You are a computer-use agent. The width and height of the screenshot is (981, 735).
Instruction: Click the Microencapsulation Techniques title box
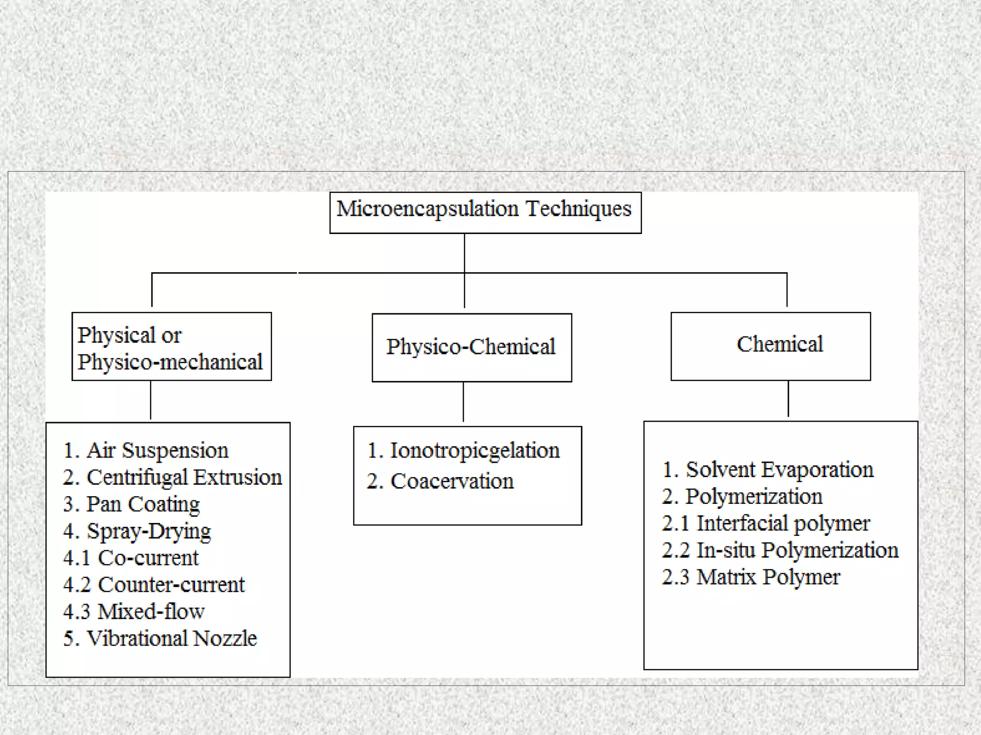(x=485, y=212)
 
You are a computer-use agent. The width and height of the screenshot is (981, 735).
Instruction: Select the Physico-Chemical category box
(x=471, y=347)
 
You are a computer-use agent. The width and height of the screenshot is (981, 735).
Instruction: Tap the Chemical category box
(x=770, y=346)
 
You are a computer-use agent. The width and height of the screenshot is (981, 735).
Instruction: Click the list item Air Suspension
(x=146, y=451)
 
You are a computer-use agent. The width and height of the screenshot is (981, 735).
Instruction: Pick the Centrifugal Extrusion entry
(x=172, y=478)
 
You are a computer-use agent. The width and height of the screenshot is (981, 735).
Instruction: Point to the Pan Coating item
(x=131, y=504)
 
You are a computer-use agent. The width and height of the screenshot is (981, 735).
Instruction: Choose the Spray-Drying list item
(x=137, y=531)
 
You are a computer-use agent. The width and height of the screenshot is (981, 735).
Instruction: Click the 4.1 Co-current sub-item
(x=130, y=558)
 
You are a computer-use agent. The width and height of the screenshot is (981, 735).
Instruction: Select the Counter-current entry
(x=153, y=585)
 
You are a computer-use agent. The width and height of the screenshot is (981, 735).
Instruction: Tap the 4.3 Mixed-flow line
(x=134, y=612)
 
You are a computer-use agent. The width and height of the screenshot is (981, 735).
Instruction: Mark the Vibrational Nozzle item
(x=160, y=638)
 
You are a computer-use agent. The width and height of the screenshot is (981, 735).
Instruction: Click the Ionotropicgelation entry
(x=463, y=451)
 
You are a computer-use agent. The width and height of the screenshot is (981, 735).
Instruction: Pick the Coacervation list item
(x=440, y=481)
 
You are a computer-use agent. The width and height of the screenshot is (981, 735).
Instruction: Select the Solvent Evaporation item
(x=767, y=470)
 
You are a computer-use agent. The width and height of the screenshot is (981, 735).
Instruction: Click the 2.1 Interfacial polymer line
(x=765, y=523)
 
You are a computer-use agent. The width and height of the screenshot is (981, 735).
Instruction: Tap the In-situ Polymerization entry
(x=780, y=550)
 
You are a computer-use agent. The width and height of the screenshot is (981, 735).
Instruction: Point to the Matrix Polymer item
(x=751, y=577)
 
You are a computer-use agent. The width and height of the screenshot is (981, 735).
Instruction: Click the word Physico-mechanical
(x=170, y=362)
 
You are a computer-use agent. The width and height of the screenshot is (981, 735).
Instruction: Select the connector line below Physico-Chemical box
(x=463, y=402)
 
